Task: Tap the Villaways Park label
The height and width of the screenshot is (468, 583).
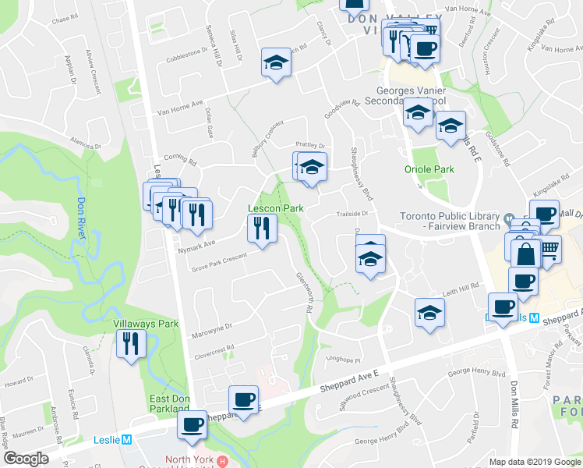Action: (146, 323)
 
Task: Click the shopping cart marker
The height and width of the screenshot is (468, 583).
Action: (548, 250)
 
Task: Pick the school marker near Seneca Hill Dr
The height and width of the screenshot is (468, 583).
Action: (275, 62)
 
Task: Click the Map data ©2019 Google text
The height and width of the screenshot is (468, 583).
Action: (534, 462)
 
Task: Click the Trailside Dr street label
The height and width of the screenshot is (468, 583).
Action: (351, 212)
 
